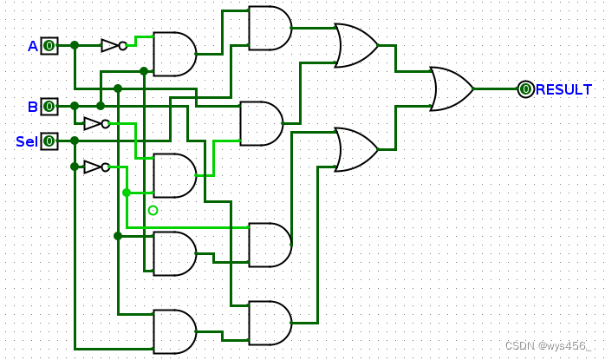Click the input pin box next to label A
point(49,45)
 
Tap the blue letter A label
point(33,46)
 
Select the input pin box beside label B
point(49,106)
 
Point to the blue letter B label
point(33,107)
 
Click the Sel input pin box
point(49,141)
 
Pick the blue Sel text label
point(26,141)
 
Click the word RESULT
point(564,89)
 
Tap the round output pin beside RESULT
point(525,88)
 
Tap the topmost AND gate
point(270,28)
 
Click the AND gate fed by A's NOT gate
point(174,54)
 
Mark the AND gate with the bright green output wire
point(174,175)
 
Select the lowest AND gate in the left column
point(174,331)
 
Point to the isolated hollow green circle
point(153,210)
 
